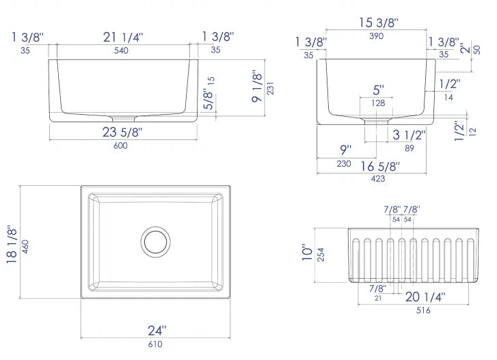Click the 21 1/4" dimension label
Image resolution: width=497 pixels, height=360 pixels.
[123, 38]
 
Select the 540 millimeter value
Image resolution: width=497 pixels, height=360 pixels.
[121, 51]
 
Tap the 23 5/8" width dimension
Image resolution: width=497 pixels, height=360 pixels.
[122, 132]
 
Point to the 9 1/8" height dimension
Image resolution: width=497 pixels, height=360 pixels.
[257, 86]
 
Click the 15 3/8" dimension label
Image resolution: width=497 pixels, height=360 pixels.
[379, 23]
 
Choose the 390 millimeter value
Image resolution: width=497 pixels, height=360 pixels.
[376, 36]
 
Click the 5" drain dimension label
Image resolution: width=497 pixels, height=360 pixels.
[378, 90]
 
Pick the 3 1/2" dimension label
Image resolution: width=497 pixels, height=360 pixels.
[409, 135]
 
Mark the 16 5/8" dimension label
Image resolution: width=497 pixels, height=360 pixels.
[380, 166]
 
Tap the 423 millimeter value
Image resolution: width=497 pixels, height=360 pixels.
[378, 179]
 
